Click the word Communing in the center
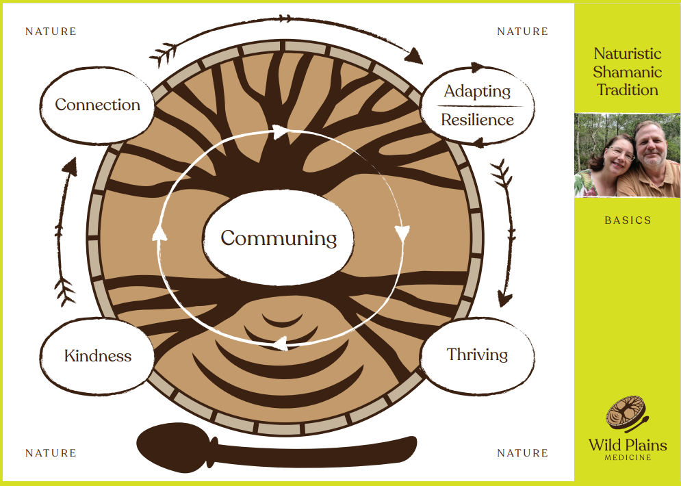pos(279,238)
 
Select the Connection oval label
pos(97,105)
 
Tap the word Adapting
pos(477,91)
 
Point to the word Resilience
pos(477,120)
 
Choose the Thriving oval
pos(477,355)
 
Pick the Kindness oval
pos(97,356)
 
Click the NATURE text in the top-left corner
pos(51,31)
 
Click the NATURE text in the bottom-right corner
pos(522,453)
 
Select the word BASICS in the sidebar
pos(628,220)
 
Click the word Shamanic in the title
pos(628,72)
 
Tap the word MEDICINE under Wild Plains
pos(628,457)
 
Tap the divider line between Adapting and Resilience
pos(477,106)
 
